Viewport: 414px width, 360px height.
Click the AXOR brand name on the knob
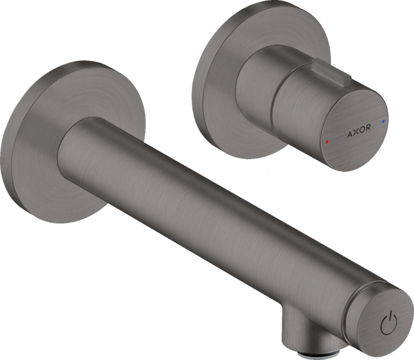[x=359, y=128]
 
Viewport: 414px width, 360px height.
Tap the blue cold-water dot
[x=383, y=121]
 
